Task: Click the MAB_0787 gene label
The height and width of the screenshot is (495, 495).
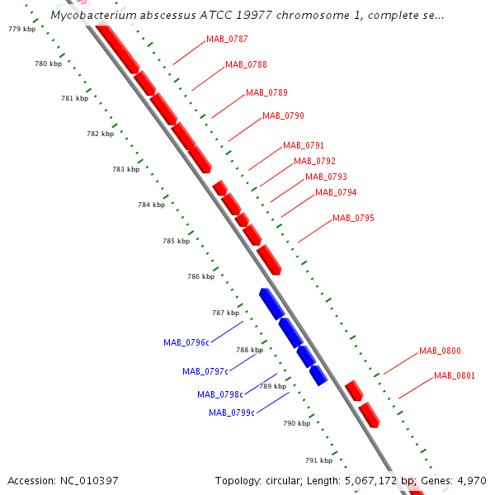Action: tap(227, 39)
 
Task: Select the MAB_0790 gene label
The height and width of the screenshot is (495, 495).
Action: tap(283, 115)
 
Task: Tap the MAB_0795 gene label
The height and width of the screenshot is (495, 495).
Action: tap(353, 218)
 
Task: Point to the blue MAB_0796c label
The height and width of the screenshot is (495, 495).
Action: tap(186, 342)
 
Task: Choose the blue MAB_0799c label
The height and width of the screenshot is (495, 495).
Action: tap(232, 412)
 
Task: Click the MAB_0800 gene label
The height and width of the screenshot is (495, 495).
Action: tap(440, 351)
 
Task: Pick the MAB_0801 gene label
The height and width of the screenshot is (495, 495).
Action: tap(455, 375)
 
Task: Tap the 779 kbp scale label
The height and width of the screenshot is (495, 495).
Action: tap(21, 29)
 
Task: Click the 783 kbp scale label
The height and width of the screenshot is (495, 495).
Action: tap(125, 169)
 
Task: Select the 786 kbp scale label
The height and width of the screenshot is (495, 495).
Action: tap(200, 276)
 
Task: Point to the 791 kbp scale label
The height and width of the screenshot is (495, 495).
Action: tap(318, 460)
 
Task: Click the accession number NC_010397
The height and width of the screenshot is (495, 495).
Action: tap(89, 481)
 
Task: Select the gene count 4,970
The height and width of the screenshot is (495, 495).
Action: tap(472, 481)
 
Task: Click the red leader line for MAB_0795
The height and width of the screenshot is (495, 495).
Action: tap(315, 231)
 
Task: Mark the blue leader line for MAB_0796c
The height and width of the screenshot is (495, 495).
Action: tap(227, 332)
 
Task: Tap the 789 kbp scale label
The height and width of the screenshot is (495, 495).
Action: tap(273, 386)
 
